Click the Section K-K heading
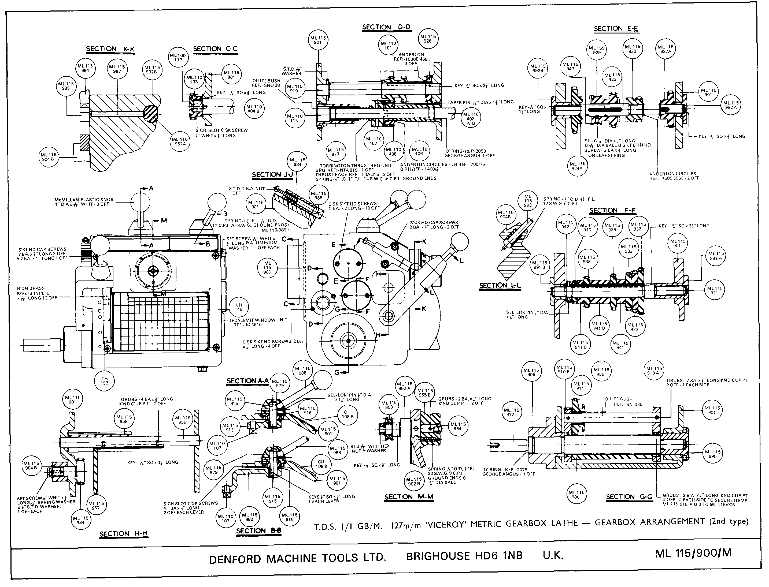click(110, 49)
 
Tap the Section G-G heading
click(629, 496)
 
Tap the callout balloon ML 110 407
click(374, 141)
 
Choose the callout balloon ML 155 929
click(597, 51)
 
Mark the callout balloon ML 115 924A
click(577, 166)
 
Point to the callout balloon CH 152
click(105, 380)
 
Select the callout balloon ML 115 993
click(528, 201)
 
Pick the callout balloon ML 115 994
click(80, 520)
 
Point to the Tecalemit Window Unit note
click(258, 322)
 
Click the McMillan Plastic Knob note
click(84, 202)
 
